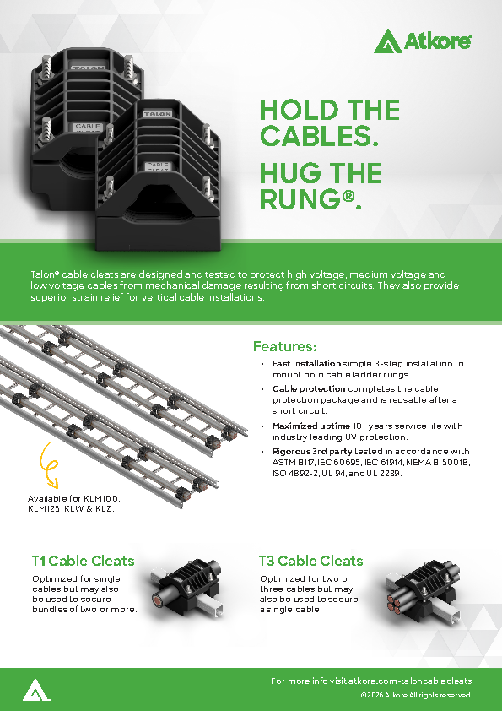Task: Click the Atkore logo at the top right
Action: coord(422,41)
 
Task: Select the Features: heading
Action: coord(284,346)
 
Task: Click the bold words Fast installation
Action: coord(306,364)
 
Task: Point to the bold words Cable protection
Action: coord(309,389)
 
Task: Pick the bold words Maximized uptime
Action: coord(311,426)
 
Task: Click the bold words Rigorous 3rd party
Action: coord(312,452)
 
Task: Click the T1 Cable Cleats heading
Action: coord(84,561)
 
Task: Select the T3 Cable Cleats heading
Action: coord(310,561)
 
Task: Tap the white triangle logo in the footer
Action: coord(36,690)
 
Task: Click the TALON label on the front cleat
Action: coord(158,113)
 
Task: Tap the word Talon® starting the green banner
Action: coord(46,274)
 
